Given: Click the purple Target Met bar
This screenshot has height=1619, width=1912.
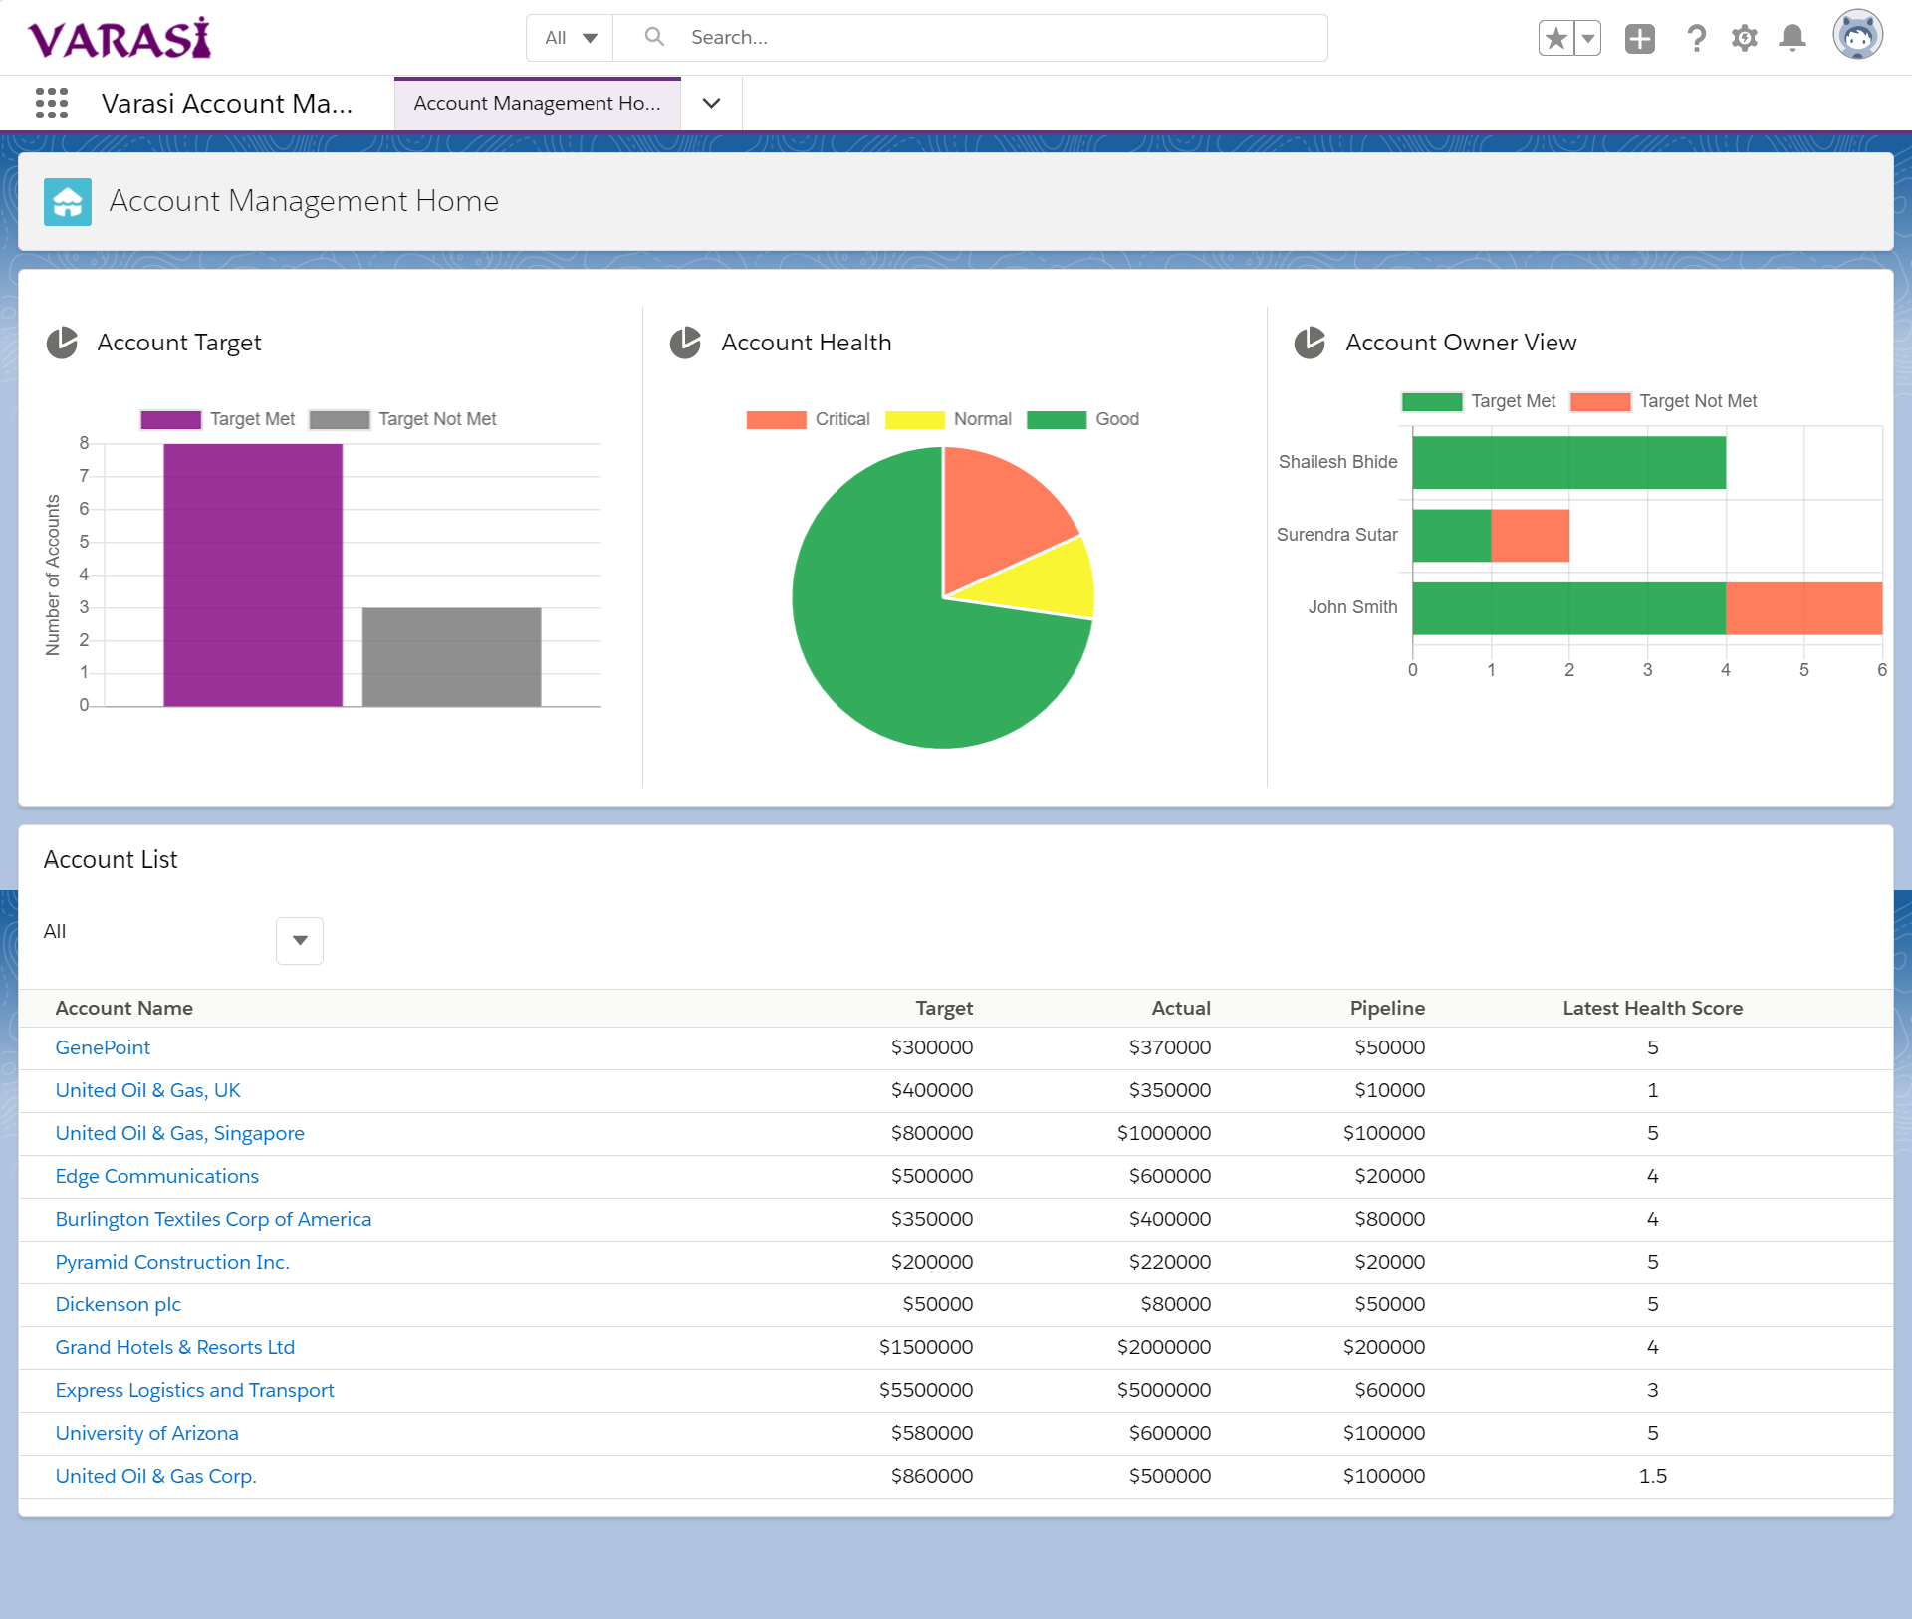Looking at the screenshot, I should coord(253,575).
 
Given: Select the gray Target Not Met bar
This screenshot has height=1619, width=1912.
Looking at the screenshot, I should coord(451,656).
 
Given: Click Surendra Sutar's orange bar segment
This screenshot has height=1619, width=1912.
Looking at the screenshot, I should coord(1530,536).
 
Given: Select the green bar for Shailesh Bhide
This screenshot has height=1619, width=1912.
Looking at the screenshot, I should coord(1568,463).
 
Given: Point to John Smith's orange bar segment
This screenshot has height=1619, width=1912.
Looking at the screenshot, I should coord(1803,608).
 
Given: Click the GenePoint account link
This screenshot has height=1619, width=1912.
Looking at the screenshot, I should coord(103,1047).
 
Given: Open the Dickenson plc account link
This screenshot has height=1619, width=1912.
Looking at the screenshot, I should coord(118,1304).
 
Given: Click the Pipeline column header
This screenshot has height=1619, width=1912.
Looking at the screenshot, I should coord(1386,1008).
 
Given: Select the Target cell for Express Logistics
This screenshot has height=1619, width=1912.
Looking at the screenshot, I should coord(925,1390).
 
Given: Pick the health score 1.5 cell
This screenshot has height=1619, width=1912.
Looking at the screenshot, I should coord(1652,1476).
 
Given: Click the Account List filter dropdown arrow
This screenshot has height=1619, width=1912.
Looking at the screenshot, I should coord(300,940).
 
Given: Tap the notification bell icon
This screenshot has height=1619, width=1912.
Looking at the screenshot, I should coord(1792,38).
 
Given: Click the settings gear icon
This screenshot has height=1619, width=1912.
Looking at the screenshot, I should coord(1744,38).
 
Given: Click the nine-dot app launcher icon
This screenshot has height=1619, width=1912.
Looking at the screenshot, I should coord(52,103).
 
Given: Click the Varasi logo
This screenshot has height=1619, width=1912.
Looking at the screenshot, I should coord(119,38).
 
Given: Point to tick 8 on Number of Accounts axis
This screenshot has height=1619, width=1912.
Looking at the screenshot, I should coord(85,443).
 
